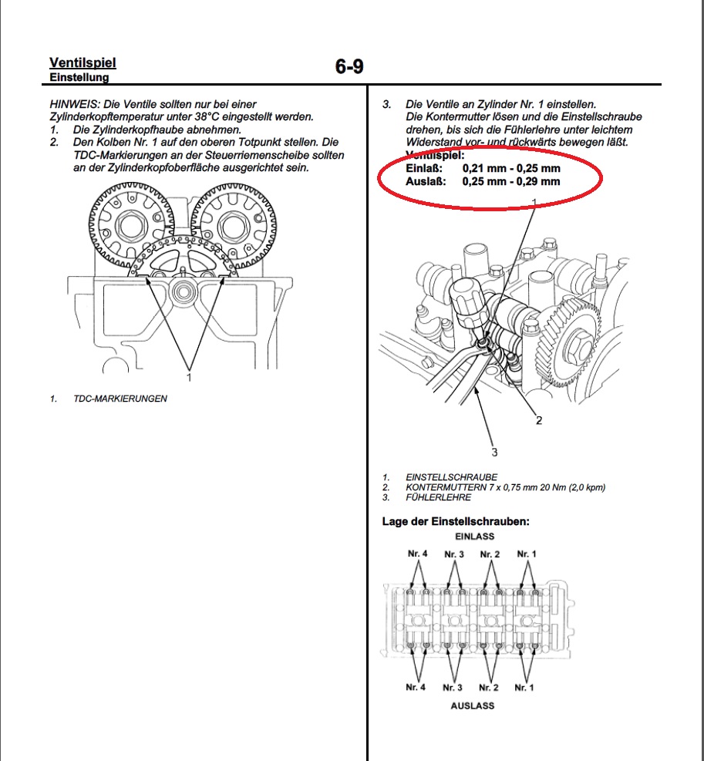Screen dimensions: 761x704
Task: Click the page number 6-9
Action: [349, 67]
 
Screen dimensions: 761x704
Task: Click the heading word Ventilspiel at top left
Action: [83, 62]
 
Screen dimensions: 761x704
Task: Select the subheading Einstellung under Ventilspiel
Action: [79, 77]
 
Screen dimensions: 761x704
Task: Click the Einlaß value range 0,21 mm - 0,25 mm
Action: [511, 168]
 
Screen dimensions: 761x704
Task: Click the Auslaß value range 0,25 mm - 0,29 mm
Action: [511, 182]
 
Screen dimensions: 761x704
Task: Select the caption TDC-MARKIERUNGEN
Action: [120, 399]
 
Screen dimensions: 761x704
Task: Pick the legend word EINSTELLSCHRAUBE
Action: [451, 477]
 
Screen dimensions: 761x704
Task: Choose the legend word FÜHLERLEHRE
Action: [438, 497]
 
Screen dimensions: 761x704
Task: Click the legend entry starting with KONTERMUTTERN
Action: [505, 487]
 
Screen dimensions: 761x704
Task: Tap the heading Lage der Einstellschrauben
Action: [456, 522]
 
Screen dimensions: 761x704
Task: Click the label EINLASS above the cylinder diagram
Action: [474, 536]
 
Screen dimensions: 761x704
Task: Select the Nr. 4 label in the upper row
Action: [417, 554]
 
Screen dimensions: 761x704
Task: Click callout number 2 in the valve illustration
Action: [539, 420]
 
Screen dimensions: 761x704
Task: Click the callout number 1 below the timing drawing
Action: [187, 378]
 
